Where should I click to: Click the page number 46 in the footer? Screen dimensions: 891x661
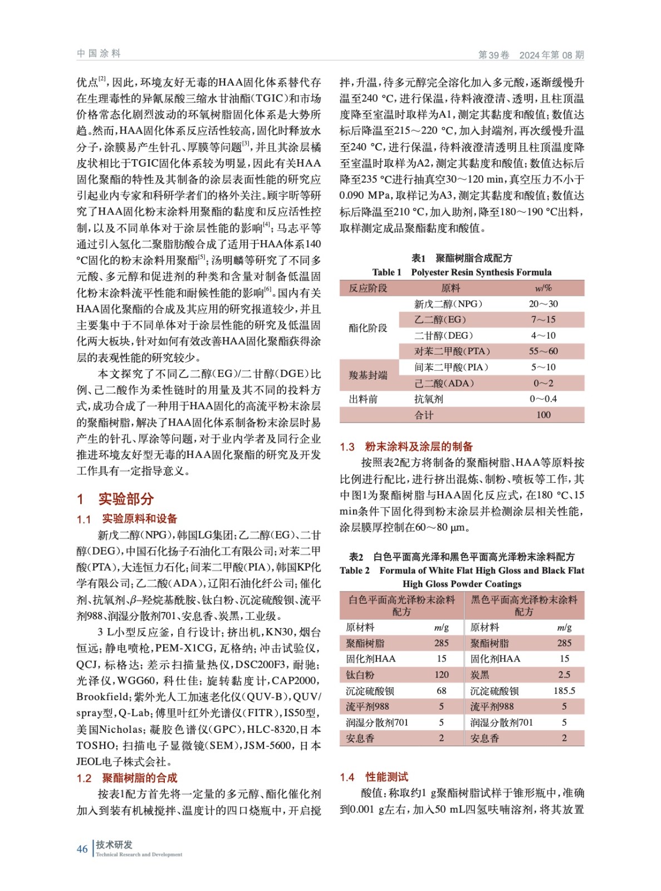point(82,849)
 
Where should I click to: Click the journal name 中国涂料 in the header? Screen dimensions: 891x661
point(99,53)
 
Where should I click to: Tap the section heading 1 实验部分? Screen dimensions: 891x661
point(115,498)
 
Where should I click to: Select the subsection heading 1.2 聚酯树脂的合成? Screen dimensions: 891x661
point(127,777)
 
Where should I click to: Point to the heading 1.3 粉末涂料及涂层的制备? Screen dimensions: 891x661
point(406,446)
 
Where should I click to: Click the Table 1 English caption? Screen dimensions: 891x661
point(462,272)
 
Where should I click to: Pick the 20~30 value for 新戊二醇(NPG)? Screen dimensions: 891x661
point(543,303)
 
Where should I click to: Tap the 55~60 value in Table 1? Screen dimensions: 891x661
point(543,351)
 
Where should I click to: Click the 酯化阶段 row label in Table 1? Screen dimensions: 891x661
point(368,328)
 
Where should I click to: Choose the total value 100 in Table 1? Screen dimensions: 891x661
point(543,415)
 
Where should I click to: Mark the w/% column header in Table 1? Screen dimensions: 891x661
point(543,288)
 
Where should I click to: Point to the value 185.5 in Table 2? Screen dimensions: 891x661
point(564,691)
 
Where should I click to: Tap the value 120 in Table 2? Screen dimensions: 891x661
point(441,674)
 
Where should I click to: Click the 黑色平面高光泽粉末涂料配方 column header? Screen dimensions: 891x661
point(523,605)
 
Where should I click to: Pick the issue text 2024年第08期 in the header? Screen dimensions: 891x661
point(551,55)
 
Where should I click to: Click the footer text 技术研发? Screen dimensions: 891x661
point(114,844)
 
